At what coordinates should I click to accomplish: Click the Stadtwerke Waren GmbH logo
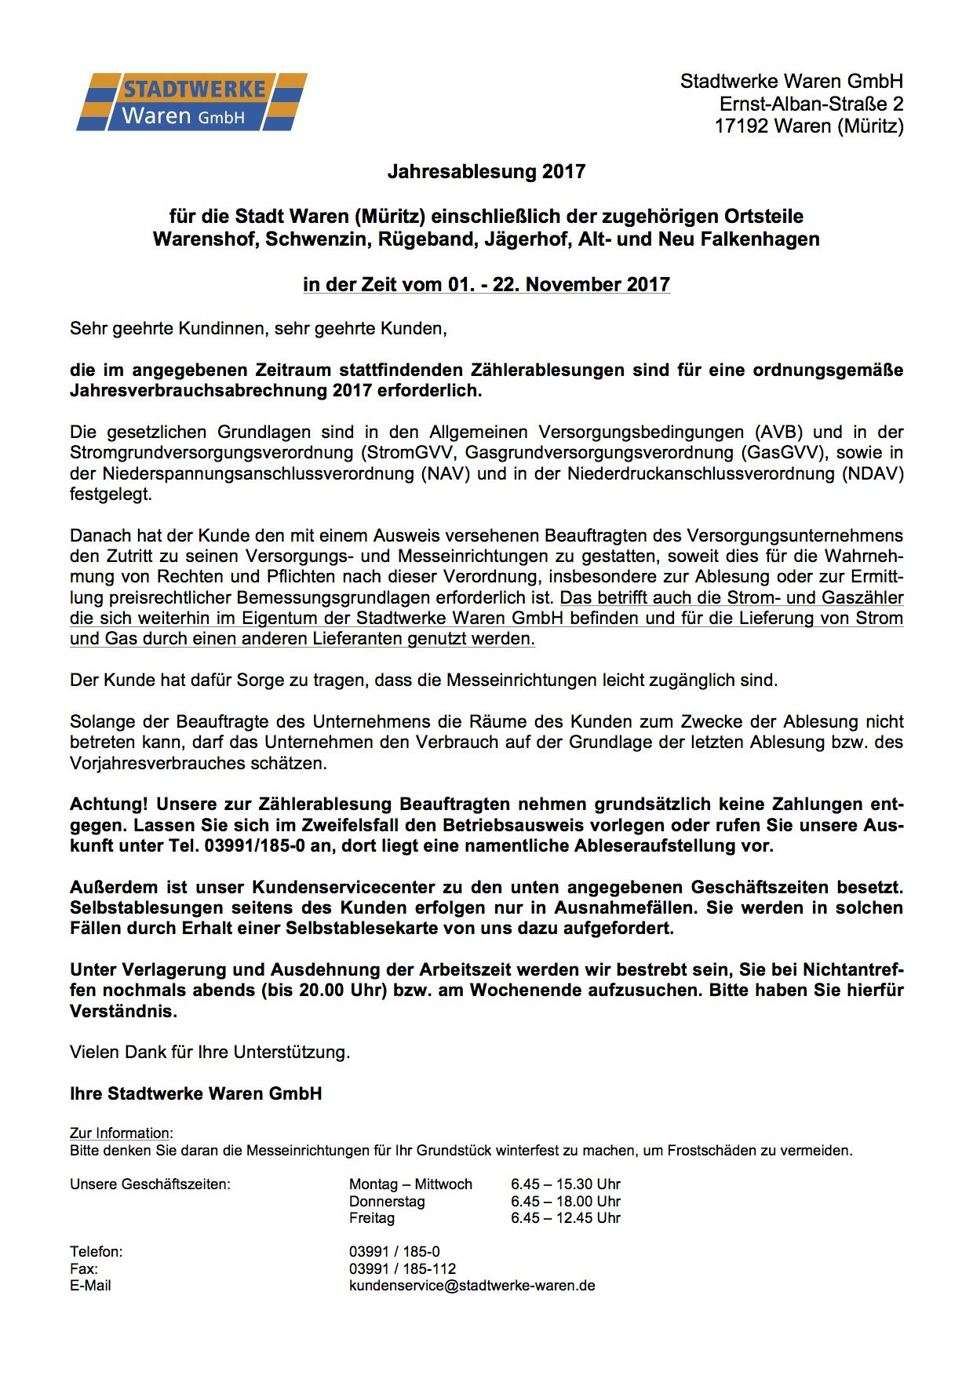point(191,102)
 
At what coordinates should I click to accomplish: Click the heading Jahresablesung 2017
point(486,172)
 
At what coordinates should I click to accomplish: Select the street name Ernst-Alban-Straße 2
point(811,104)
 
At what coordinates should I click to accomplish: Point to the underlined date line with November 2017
point(486,285)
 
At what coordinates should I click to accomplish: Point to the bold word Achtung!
point(108,805)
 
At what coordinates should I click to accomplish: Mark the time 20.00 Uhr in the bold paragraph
point(343,991)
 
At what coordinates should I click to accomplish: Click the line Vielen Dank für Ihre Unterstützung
point(210,1053)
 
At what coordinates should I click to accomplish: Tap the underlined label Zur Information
point(120,1133)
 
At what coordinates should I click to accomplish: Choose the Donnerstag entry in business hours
point(387,1202)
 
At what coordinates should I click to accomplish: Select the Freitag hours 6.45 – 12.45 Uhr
point(565,1218)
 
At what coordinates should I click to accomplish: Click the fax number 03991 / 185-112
point(402,1269)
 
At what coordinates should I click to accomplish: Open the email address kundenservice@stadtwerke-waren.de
point(472,1286)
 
